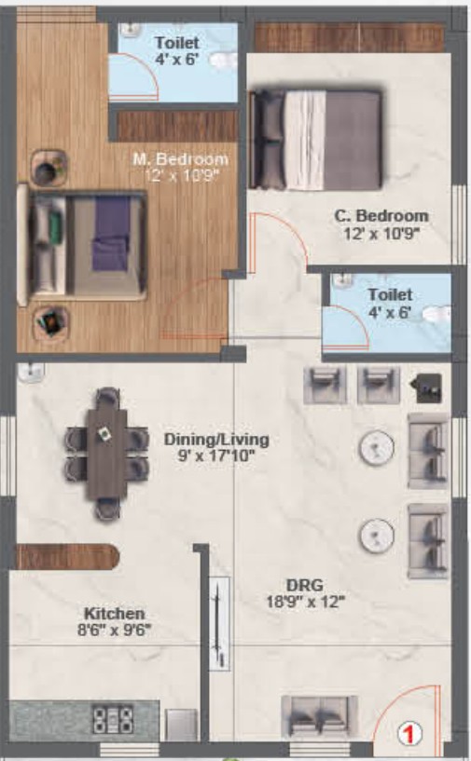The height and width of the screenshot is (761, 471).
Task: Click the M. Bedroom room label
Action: click(x=181, y=159)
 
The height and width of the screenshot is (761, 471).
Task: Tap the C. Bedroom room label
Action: click(x=381, y=216)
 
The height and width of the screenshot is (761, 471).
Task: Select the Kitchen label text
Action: click(x=114, y=614)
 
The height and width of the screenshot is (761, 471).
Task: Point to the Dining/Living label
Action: click(x=216, y=440)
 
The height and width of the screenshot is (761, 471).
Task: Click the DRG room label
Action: click(x=305, y=585)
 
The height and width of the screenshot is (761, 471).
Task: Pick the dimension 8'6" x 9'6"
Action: click(x=114, y=630)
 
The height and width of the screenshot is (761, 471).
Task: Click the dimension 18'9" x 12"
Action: click(x=305, y=602)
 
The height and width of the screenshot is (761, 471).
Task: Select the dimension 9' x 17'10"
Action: click(x=216, y=455)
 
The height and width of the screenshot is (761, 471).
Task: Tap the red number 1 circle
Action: click(x=409, y=733)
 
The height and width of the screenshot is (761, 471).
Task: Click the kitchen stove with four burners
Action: click(x=113, y=719)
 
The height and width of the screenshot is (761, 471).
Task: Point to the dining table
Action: click(x=106, y=454)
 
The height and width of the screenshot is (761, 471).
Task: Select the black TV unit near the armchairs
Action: click(x=429, y=388)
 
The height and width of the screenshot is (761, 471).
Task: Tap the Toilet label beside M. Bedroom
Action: click(x=177, y=43)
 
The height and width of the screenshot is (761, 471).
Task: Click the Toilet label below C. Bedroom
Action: click(x=390, y=294)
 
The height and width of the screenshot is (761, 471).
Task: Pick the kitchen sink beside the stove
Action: click(x=181, y=725)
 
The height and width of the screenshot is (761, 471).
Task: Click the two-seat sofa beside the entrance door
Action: click(x=319, y=716)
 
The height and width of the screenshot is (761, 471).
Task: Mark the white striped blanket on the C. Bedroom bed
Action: click(x=305, y=139)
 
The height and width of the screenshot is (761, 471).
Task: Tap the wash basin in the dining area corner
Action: click(x=31, y=373)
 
